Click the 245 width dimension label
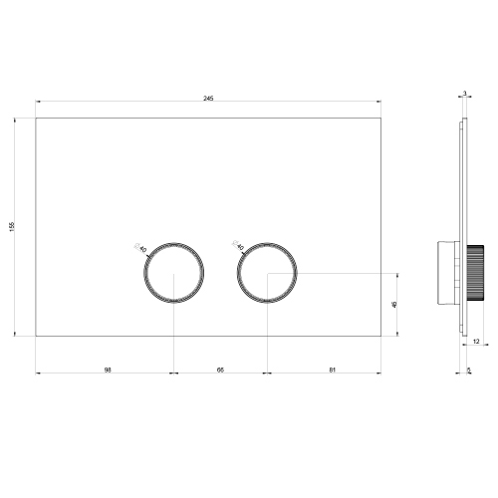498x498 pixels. pos(207,99)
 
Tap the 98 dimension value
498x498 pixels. pos(106,370)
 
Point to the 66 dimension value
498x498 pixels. pos(220,370)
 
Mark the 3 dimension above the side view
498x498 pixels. pos(464,94)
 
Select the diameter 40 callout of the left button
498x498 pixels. pos(141,246)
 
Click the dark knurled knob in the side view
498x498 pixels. pos(476,273)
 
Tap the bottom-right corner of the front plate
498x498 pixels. pos(380,336)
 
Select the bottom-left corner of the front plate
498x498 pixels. pos(36,336)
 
